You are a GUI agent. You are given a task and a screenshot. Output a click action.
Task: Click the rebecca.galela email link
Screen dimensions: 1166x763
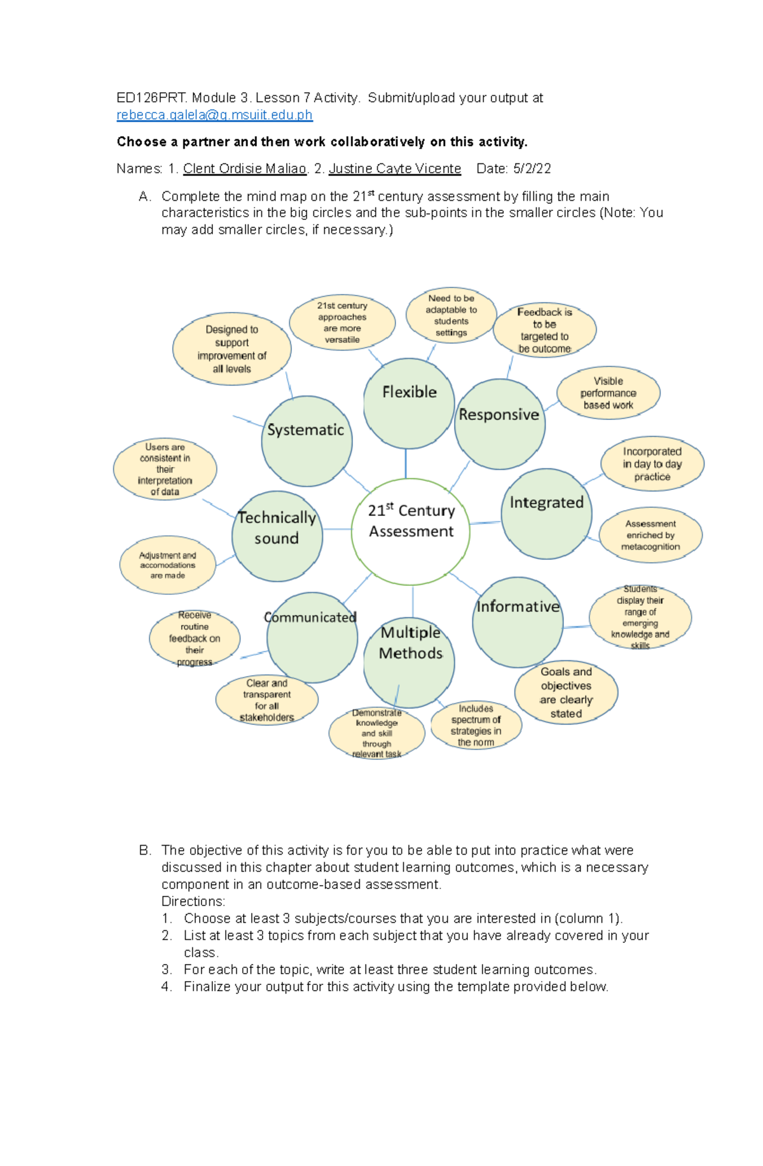point(214,115)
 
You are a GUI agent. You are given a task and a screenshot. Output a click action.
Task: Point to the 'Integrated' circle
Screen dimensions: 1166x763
point(547,513)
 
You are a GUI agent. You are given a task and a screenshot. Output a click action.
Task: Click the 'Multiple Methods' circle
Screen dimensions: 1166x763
point(409,661)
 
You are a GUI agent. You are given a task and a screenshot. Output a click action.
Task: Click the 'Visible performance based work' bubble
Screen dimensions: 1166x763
point(608,393)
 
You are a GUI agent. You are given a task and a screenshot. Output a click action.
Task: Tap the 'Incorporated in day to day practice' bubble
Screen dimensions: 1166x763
point(652,464)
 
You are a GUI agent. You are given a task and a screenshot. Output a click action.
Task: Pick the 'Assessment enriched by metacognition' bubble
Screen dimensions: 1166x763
point(650,535)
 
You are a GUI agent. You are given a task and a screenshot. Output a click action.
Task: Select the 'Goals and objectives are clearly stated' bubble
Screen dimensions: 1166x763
point(566,692)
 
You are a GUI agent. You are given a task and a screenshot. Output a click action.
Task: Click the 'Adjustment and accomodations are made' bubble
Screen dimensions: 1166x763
point(168,565)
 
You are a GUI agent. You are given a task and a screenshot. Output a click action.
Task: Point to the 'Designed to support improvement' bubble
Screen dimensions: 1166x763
point(231,349)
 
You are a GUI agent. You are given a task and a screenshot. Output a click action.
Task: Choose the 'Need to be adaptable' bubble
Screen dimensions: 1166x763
point(451,315)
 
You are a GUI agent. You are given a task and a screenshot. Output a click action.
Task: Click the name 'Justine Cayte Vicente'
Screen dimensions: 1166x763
point(395,168)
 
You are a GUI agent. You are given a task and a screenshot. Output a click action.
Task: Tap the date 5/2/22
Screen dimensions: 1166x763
point(532,168)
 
